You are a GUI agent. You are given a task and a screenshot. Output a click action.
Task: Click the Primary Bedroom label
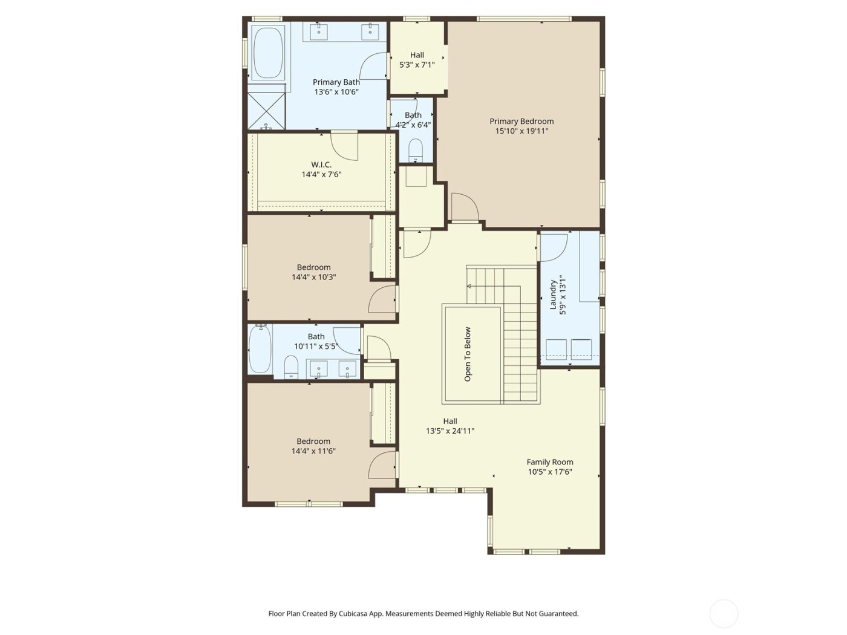click(x=521, y=121)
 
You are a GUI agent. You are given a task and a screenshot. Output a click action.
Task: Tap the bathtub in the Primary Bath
click(x=267, y=53)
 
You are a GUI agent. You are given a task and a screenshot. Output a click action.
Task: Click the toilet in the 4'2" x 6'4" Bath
click(x=416, y=149)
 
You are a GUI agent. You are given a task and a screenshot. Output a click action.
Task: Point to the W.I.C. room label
click(x=321, y=164)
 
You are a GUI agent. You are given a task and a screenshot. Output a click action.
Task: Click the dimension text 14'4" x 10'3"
click(x=313, y=277)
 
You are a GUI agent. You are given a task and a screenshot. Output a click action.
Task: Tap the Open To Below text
click(x=468, y=354)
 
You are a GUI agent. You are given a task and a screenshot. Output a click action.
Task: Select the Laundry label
click(x=553, y=294)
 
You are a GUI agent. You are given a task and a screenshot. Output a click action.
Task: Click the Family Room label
click(x=549, y=462)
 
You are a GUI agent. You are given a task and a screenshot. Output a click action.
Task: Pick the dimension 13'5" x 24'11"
click(x=450, y=431)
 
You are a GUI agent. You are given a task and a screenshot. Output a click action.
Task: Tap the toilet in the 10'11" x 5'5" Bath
click(x=292, y=366)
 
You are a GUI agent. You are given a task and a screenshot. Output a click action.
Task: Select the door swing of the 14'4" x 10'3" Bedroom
click(x=382, y=299)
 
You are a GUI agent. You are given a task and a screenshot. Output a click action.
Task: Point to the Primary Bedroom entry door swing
click(x=464, y=207)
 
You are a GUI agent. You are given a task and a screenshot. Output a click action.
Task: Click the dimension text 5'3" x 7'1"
click(x=417, y=65)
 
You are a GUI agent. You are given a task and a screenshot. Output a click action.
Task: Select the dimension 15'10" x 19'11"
click(x=521, y=131)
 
